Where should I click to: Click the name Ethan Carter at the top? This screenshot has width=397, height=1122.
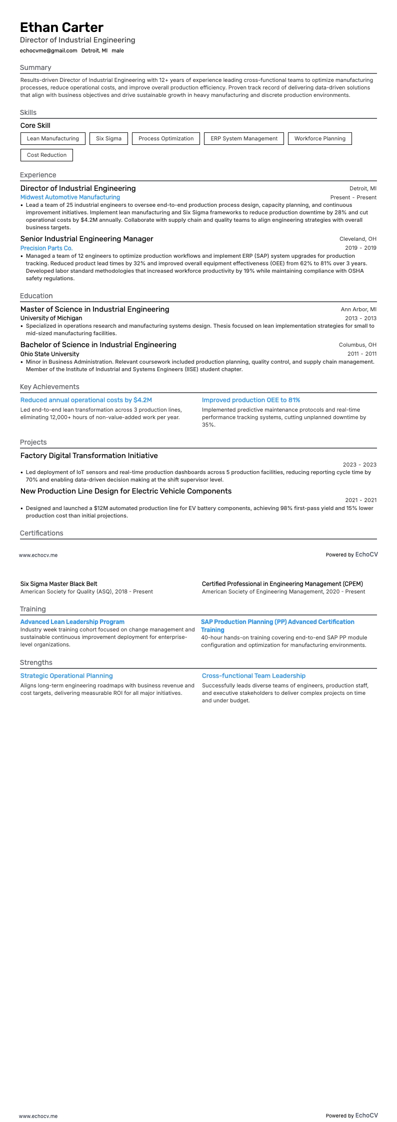pos(61,27)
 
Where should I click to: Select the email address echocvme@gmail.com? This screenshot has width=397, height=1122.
pos(48,50)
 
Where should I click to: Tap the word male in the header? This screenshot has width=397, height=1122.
pos(117,50)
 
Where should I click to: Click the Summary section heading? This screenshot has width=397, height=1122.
pos(35,67)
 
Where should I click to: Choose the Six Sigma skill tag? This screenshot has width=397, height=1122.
pos(108,138)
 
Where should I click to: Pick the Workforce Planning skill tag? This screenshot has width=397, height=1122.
pos(319,138)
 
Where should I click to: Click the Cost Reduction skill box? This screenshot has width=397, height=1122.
pos(46,155)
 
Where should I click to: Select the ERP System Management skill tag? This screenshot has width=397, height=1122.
pos(243,138)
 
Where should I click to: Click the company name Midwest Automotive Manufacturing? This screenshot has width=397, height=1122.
pos(70,197)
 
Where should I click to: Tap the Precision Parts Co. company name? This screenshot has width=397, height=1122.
pos(46,248)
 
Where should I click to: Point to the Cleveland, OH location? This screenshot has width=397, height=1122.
pos(357,239)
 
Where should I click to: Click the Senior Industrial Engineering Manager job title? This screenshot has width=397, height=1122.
pos(86,239)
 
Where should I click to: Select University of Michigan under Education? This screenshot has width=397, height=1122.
pos(51,318)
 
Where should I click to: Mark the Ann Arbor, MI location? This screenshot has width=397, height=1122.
pos(358,309)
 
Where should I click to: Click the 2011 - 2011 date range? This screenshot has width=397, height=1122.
pos(361,354)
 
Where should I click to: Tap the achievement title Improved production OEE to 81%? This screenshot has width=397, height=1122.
pos(251,400)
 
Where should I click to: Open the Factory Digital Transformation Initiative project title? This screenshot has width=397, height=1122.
pos(89,456)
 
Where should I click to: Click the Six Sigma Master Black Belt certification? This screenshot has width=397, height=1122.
pos(58,583)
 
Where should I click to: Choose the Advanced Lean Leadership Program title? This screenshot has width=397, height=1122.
pos(72,622)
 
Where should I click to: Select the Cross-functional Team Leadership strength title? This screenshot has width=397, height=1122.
pos(253,676)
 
